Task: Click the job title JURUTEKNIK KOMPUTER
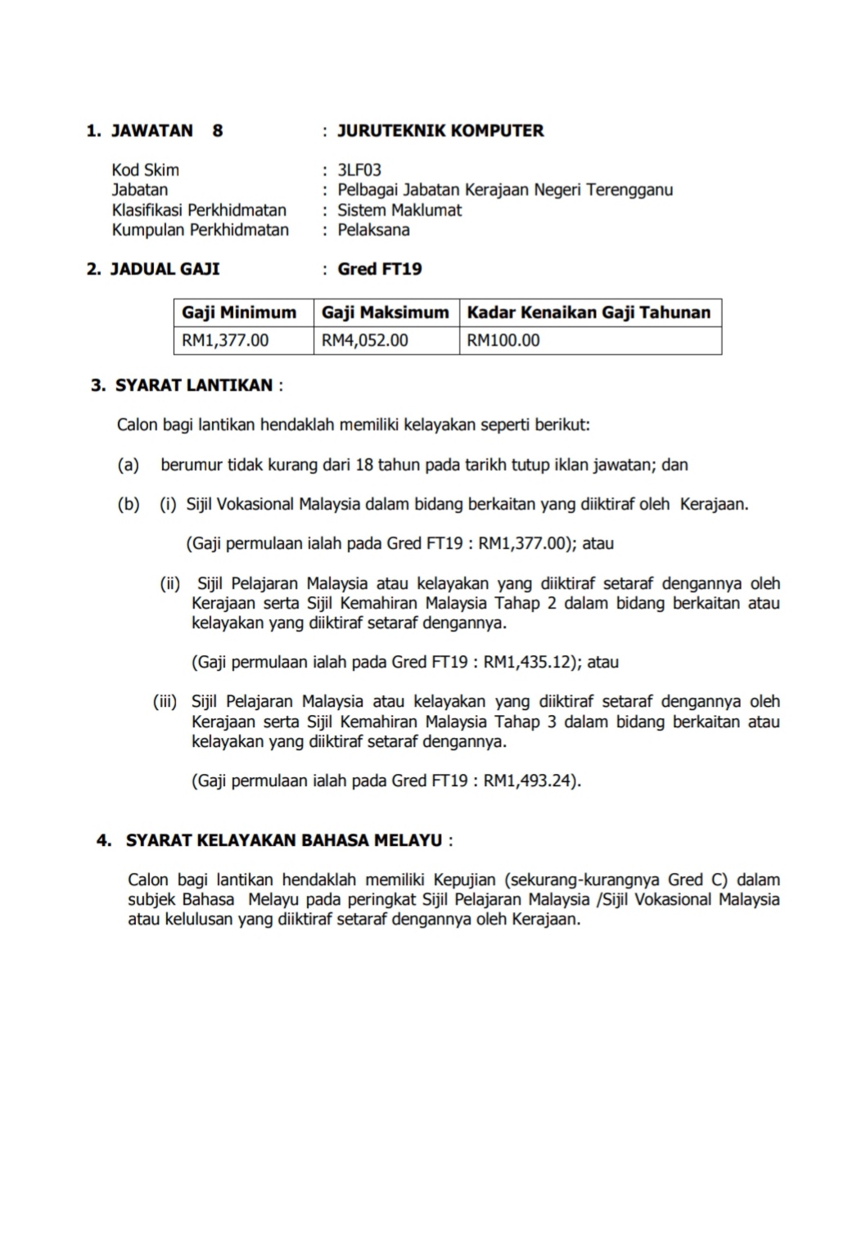pos(440,131)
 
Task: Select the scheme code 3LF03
pos(359,170)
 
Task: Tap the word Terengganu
pos(630,190)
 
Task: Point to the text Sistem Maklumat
pos(399,210)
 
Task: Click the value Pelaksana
pos(373,230)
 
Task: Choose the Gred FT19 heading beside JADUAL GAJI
pos(380,269)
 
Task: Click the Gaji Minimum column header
pos(239,312)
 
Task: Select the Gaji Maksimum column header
pos(386,312)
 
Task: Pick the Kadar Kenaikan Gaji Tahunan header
pos(589,312)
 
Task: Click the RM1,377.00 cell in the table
pos(225,340)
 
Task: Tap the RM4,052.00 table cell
pos(365,340)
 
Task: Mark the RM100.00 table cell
pos(503,340)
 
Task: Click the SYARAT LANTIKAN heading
pos(194,385)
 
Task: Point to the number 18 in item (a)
pos(364,465)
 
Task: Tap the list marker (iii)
pos(165,702)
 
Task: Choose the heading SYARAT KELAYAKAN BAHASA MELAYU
pos(284,840)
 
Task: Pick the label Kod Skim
pos(146,170)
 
